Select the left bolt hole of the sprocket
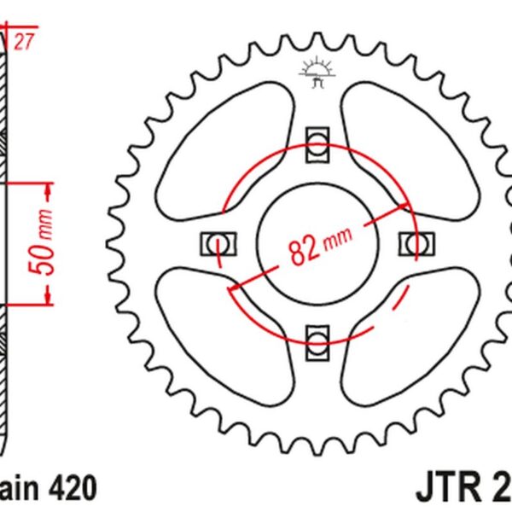(x=215, y=242)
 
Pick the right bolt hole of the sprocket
(x=416, y=242)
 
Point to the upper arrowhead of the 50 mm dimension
(x=48, y=186)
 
